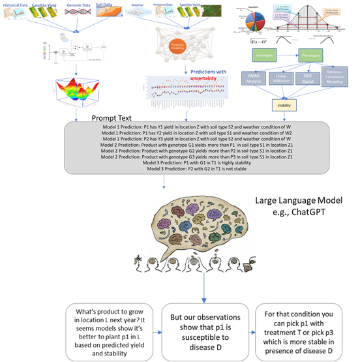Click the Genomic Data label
coord(77,5)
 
